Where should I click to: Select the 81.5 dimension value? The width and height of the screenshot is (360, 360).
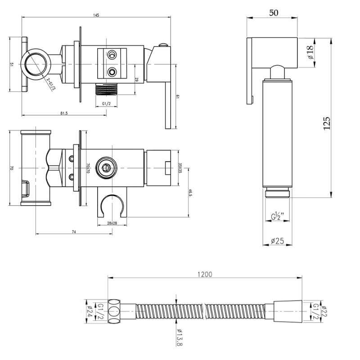63,113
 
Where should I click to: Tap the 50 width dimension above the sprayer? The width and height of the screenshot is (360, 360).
273,13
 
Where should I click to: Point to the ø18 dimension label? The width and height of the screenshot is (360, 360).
310,53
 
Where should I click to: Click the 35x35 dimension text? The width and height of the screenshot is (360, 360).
180,168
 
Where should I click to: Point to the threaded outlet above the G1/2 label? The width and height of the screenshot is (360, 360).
108,89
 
